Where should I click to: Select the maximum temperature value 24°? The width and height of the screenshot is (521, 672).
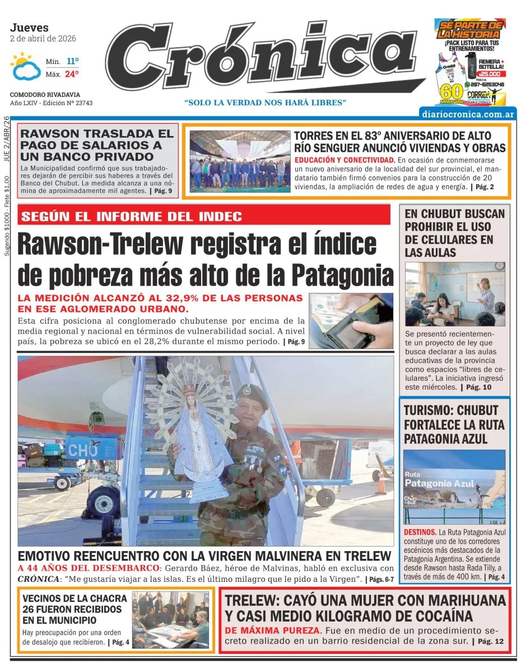(72, 74)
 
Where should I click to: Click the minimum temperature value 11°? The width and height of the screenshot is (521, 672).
(72, 61)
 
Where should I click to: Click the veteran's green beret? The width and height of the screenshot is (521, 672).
(249, 390)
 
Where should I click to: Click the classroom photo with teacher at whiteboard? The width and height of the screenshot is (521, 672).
(454, 294)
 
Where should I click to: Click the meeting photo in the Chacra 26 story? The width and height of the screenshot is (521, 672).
(170, 619)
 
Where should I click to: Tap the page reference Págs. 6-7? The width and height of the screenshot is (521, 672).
(381, 579)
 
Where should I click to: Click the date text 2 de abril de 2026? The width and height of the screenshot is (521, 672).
(43, 39)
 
